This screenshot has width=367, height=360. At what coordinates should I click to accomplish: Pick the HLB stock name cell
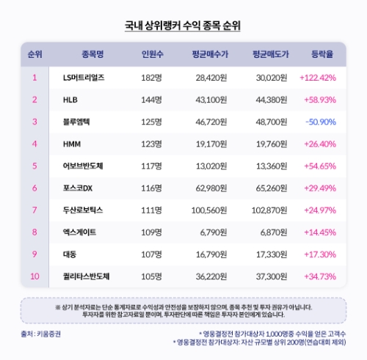point(71,99)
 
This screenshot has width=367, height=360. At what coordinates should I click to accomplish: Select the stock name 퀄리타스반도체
point(87,277)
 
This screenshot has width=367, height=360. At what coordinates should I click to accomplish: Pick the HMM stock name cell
point(73,144)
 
